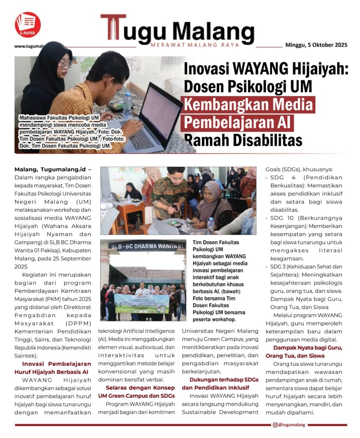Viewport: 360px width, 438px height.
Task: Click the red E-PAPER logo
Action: pos(27,24)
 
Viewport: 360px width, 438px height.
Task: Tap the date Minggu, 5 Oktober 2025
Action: pos(316,45)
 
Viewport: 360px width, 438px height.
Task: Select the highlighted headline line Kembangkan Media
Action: pos(248,105)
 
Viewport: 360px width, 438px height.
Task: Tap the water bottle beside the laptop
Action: pos(127,105)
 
